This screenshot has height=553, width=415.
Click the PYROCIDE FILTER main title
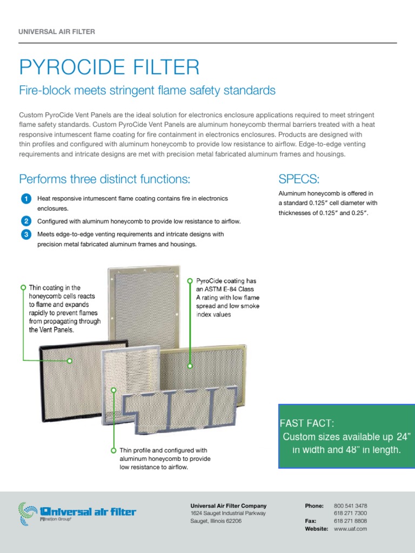click(x=109, y=68)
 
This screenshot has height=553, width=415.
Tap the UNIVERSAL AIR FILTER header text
click(x=57, y=32)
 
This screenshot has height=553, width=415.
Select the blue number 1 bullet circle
click(x=26, y=199)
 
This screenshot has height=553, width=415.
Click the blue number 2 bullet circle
click(x=26, y=221)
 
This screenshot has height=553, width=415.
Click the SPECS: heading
click(x=299, y=179)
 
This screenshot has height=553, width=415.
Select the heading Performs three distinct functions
click(x=105, y=179)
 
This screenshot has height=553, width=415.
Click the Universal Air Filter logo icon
click(x=28, y=512)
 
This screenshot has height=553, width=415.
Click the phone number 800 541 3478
click(x=350, y=506)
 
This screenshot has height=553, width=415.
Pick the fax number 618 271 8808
click(x=350, y=521)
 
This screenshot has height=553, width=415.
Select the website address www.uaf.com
click(x=350, y=529)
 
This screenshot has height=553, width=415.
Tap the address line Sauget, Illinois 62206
click(x=216, y=521)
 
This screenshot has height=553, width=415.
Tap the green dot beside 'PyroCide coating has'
click(x=190, y=281)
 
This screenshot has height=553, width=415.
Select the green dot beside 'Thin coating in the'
click(x=23, y=287)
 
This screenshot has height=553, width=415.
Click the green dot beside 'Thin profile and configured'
click(x=113, y=450)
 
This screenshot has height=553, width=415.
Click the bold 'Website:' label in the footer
click(x=316, y=529)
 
